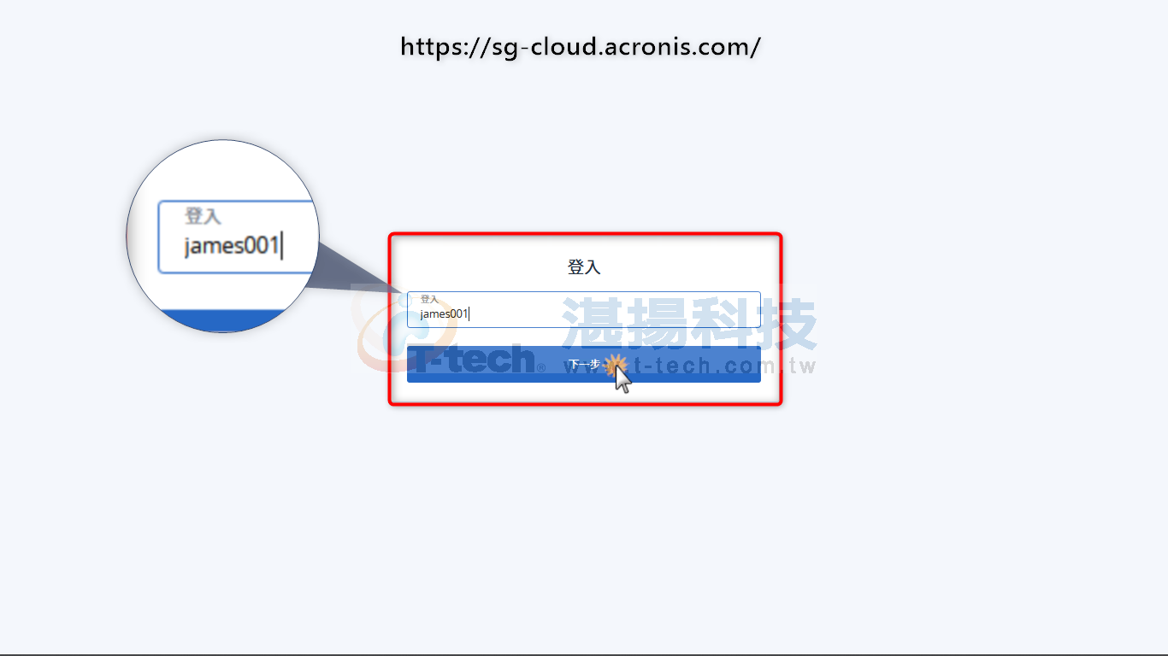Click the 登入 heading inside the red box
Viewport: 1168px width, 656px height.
[584, 267]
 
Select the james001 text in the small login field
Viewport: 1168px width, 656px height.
[444, 313]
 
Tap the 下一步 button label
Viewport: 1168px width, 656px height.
[584, 364]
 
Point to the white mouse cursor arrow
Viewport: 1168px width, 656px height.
[622, 378]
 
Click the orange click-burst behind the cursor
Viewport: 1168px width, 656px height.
[615, 365]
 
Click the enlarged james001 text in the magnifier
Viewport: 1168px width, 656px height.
[232, 246]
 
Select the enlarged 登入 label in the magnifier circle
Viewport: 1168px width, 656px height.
[203, 216]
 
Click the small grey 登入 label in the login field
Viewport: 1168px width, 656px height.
[429, 299]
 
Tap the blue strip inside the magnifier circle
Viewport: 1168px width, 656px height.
[223, 320]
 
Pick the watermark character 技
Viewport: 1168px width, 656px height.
[786, 324]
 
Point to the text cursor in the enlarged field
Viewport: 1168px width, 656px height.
[281, 246]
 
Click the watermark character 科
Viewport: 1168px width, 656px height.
[721, 323]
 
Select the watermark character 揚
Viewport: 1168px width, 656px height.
[657, 323]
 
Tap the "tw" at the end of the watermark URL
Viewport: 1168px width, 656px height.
[802, 366]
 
